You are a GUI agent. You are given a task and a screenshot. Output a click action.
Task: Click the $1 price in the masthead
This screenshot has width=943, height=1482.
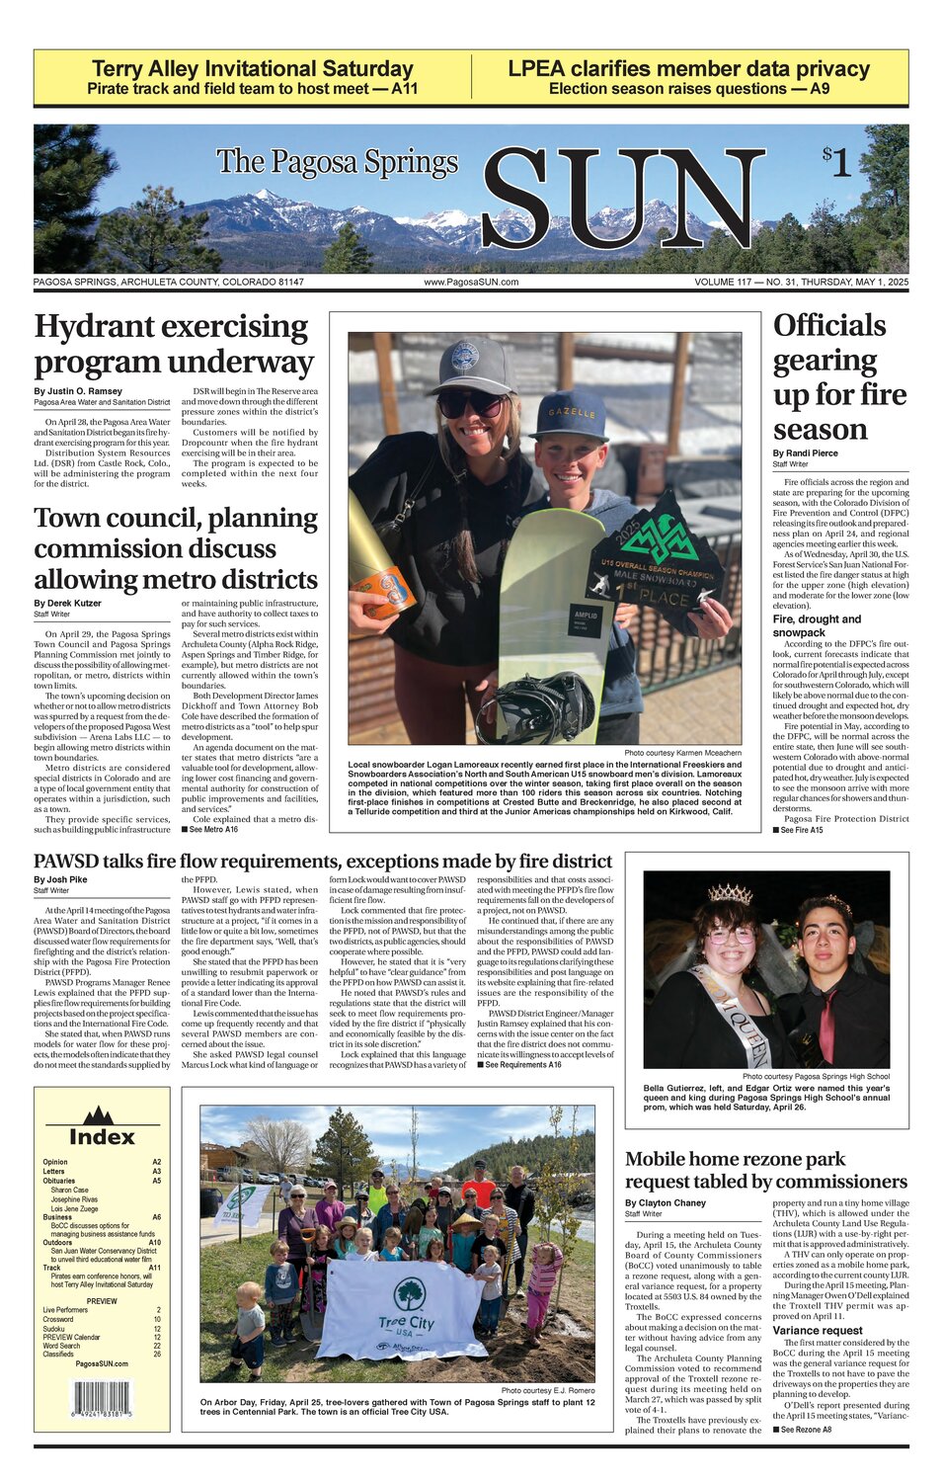pos(836,162)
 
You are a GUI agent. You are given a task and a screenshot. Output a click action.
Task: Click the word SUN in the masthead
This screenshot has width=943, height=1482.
pos(623,201)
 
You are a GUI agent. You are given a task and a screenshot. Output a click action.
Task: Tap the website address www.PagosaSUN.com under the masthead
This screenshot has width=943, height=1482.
pos(471,283)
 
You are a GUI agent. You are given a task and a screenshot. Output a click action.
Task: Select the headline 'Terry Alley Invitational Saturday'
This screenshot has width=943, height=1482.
pos(252,69)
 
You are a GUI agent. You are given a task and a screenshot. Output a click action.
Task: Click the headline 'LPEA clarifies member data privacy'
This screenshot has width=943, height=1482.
pos(688,69)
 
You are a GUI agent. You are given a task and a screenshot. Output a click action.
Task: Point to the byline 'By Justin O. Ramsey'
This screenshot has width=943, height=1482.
pos(78,391)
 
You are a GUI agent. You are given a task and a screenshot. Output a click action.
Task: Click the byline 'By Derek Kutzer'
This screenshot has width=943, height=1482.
pos(67,603)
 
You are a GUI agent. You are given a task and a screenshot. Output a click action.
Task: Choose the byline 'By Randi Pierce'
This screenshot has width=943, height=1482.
pos(805,453)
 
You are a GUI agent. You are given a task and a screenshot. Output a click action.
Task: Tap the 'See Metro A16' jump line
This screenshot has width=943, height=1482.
pos(209,829)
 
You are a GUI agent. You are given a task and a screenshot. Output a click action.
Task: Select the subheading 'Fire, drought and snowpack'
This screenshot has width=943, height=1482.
pos(817,625)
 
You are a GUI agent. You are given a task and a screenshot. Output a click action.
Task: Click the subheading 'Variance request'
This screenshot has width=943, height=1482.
pos(818,1330)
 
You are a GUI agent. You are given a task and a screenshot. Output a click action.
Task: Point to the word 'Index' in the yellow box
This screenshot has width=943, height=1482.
pos(102,1137)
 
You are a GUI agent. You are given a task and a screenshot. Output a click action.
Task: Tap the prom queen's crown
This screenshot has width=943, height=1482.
pos(730,894)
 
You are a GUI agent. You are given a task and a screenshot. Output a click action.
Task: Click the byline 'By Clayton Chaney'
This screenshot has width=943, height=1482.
pos(665,1203)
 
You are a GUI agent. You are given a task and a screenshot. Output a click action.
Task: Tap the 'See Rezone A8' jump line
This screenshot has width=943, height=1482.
pos(802,1430)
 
